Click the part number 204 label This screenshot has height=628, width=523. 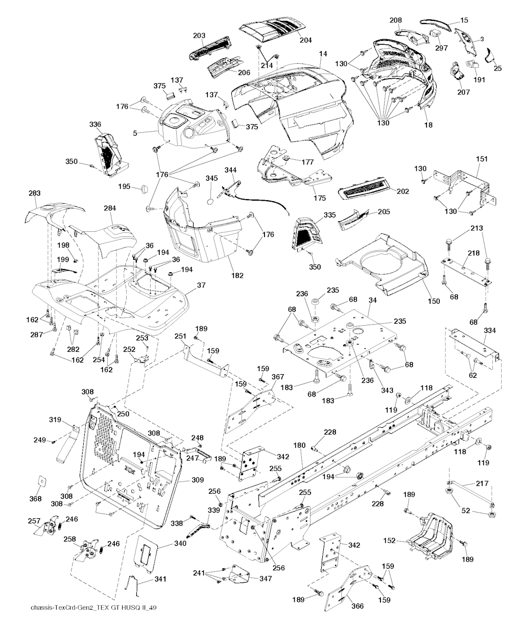305,39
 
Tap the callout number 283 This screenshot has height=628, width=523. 34,194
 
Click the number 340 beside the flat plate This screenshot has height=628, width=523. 165,544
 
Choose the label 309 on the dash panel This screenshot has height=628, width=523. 197,480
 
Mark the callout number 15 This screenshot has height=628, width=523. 464,20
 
